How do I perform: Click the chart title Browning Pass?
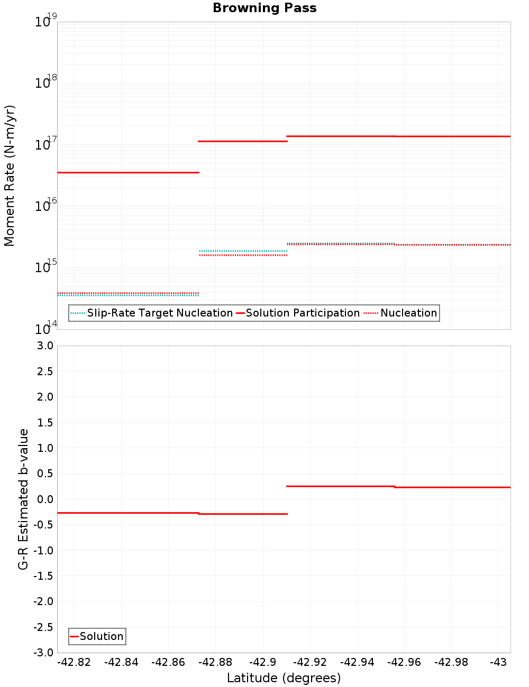pyautogui.click(x=264, y=8)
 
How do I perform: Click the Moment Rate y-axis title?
pyautogui.click(x=10, y=175)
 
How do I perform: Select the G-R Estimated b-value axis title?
pyautogui.click(x=23, y=499)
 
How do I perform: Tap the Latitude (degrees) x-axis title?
pyautogui.click(x=284, y=678)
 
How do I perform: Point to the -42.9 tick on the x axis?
pyautogui.click(x=262, y=662)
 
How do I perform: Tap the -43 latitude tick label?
pyautogui.click(x=498, y=662)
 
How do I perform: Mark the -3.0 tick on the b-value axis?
pyautogui.click(x=43, y=653)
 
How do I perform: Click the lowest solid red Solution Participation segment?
pyautogui.click(x=128, y=172)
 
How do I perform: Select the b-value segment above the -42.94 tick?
pyautogui.click(x=341, y=486)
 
